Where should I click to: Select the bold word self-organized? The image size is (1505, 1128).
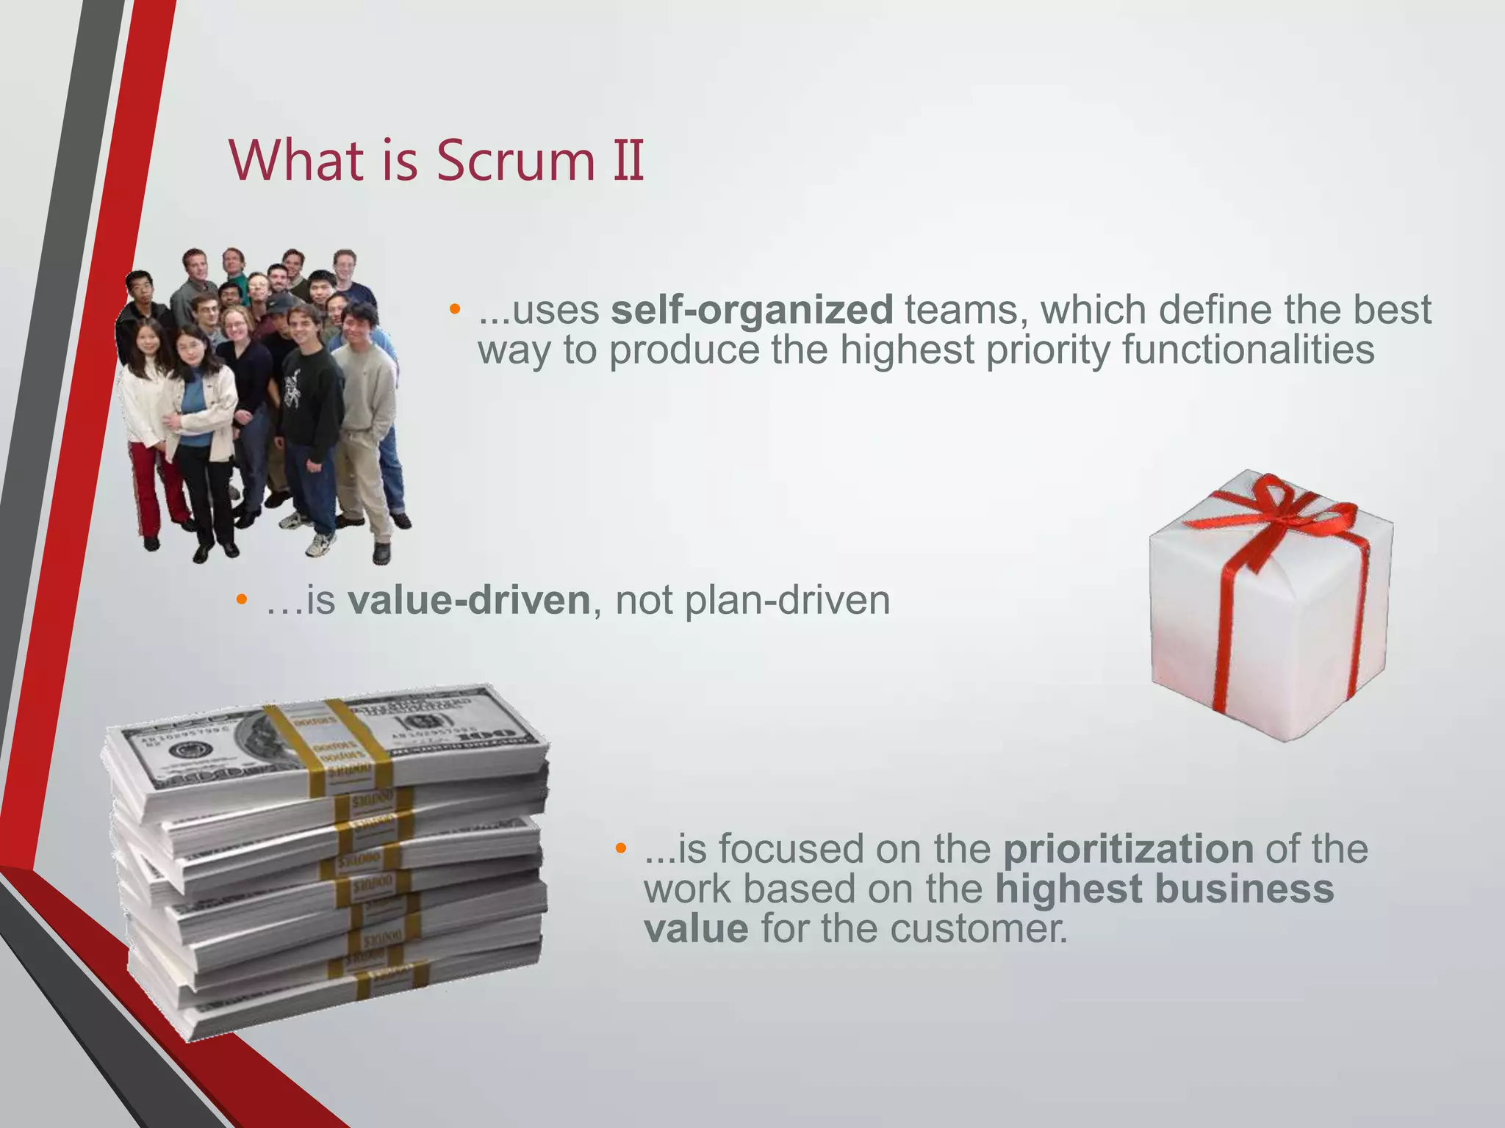[x=752, y=309]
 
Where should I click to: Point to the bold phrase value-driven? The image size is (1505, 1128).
[x=469, y=600]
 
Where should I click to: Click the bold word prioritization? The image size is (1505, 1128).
[x=1128, y=849]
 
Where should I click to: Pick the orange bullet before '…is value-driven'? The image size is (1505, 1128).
[x=242, y=599]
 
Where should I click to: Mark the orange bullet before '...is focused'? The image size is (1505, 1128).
[x=621, y=848]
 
